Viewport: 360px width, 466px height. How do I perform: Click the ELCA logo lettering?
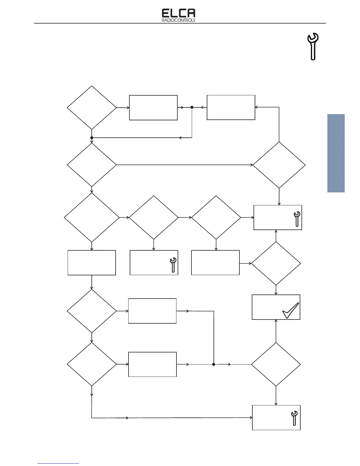(179, 14)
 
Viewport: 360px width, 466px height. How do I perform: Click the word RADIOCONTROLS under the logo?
(179, 21)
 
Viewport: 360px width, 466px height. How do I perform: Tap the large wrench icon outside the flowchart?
(313, 46)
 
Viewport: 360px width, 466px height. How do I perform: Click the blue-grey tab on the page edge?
(336, 153)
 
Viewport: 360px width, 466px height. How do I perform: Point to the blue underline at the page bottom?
(58, 464)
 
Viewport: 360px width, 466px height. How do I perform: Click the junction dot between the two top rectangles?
(192, 107)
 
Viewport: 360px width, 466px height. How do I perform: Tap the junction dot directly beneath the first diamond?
(92, 138)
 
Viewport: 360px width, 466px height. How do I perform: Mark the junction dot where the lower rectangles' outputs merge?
(214, 364)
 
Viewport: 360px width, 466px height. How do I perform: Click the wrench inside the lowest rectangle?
(294, 418)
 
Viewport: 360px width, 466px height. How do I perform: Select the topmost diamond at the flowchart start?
(92, 108)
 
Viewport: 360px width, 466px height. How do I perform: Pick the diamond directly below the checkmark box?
(276, 364)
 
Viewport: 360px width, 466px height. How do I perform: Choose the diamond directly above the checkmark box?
(276, 264)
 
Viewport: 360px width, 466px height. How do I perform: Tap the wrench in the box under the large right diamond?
(297, 219)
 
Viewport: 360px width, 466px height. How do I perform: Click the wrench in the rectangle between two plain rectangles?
(173, 265)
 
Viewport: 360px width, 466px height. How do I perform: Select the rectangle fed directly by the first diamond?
(153, 108)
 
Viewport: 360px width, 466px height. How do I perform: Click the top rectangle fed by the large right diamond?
(231, 107)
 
